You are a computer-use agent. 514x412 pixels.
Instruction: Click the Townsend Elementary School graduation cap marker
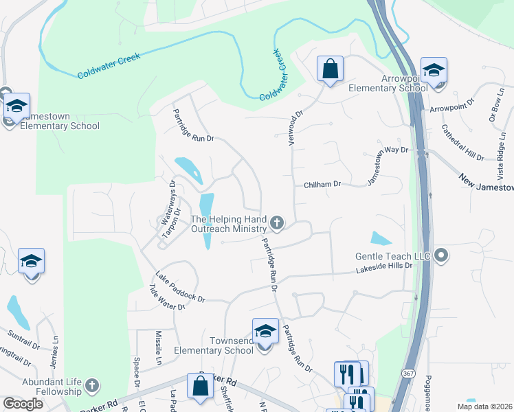(265, 332)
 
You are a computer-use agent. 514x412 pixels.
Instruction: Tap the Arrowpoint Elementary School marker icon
(434, 70)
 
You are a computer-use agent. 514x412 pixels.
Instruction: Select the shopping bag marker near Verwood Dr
(330, 69)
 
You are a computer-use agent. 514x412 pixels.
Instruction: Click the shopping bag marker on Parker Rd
(201, 387)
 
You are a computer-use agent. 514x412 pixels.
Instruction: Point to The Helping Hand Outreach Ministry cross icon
(277, 221)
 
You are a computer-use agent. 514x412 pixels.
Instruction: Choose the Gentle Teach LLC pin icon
(441, 255)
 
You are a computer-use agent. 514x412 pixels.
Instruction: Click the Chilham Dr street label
(322, 185)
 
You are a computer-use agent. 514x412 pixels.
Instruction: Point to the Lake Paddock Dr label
(180, 287)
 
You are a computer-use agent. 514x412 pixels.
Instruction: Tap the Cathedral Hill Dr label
(462, 142)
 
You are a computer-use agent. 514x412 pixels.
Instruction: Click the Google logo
(22, 404)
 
